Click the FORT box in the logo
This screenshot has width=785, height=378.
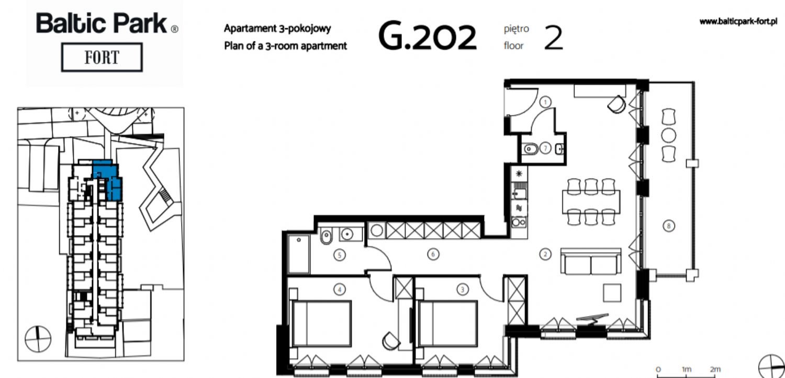102,57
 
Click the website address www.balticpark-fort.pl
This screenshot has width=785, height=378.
738,21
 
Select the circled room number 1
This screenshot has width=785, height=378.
545,102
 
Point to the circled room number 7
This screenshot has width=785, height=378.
545,148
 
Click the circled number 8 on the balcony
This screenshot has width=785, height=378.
669,226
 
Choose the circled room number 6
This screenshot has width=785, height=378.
433,254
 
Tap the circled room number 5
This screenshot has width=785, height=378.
339,255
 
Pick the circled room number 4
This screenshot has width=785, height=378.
339,290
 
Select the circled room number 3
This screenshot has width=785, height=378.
463,290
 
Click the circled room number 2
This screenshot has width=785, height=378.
545,254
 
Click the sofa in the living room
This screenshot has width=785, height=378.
591,262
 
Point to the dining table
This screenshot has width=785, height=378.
591,202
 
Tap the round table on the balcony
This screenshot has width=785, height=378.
669,136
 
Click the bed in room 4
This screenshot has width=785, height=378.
321,324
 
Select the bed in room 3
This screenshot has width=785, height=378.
447,324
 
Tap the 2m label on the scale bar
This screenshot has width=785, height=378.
715,369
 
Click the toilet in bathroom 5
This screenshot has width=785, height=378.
326,237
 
